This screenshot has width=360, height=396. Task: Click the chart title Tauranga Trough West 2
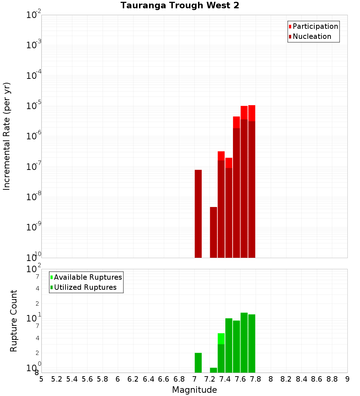180,5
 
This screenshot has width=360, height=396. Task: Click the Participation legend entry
315,26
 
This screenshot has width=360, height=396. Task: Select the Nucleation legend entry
312,36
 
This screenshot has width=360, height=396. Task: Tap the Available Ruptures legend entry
88,277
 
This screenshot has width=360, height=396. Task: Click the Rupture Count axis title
14,321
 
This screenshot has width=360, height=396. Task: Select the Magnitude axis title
194,390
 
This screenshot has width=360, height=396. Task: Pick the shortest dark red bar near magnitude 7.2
213,232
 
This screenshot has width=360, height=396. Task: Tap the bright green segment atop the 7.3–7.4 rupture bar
221,338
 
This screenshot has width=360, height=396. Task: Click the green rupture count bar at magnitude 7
198,363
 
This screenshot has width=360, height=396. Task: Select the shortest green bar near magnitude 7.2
213,370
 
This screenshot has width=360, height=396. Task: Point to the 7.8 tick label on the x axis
256,379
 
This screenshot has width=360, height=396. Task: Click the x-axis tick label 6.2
133,379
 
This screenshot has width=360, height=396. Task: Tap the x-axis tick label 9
347,379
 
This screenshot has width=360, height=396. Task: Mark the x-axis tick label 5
41,379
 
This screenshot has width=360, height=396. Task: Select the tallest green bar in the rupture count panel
244,342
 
